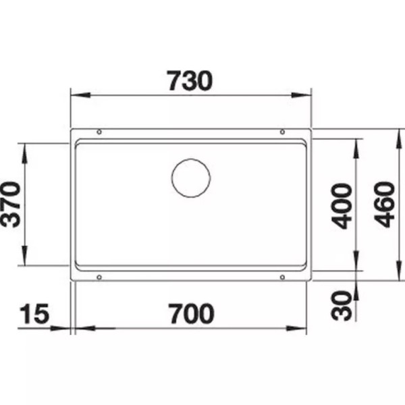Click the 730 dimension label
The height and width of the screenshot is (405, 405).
[x=190, y=80]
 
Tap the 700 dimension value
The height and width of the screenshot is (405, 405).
[x=191, y=314]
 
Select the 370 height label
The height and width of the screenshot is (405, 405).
[x=11, y=205]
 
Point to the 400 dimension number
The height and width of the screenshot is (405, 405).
[x=342, y=206]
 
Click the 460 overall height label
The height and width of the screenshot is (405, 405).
[x=385, y=205]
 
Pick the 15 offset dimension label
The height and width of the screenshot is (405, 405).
[x=34, y=314]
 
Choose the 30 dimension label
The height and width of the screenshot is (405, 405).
[x=342, y=306]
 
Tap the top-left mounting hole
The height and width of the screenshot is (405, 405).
[x=99, y=132]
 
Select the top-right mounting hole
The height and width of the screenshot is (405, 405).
[x=282, y=132]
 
